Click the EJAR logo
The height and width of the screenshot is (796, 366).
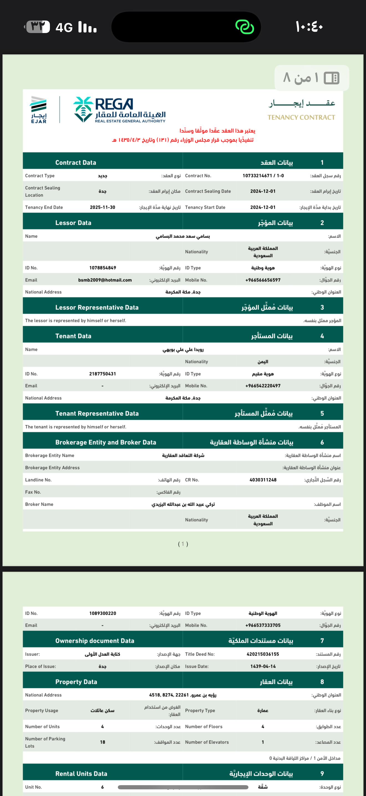[x=39, y=110]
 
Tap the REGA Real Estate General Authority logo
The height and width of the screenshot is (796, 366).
[x=119, y=110]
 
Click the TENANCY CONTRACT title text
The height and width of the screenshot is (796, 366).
[x=301, y=117]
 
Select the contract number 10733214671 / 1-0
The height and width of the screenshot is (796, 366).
[x=263, y=175]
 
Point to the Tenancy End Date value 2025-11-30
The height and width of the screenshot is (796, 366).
[x=103, y=207]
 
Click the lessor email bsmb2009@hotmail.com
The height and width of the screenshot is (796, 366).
[x=105, y=280]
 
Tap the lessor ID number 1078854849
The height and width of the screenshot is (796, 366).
[x=103, y=268]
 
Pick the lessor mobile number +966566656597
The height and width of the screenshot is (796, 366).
[x=263, y=280]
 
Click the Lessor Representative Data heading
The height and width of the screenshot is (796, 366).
[x=97, y=307]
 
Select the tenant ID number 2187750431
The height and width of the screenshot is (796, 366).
[x=103, y=374]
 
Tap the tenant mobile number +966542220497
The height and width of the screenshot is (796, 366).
[x=263, y=386]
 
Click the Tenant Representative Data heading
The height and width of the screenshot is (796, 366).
[x=97, y=414]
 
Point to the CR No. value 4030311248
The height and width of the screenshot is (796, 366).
[x=263, y=480]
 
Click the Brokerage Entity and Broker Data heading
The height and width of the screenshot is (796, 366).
[x=106, y=442]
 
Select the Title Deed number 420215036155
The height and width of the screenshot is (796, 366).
[x=263, y=654]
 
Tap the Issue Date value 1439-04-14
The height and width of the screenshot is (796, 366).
[x=263, y=666]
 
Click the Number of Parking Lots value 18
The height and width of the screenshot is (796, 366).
[x=103, y=742]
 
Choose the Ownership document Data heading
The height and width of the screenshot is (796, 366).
[x=95, y=641]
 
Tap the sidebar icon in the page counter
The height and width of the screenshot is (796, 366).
[x=331, y=78]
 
